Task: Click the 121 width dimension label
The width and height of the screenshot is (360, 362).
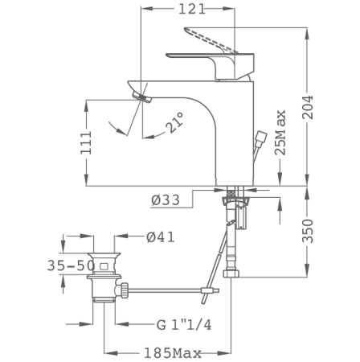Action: click(x=190, y=10)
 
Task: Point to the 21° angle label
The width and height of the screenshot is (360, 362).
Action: click(x=174, y=123)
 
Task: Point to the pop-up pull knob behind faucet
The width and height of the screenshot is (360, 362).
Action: click(x=261, y=138)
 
